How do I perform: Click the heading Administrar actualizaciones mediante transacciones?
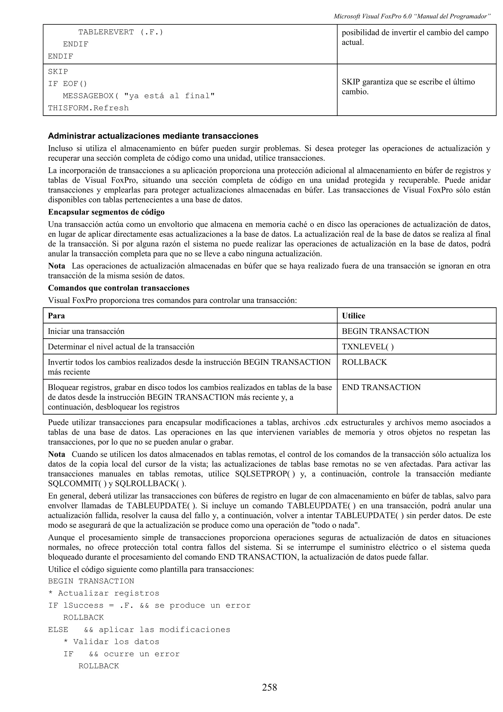[x=153, y=136]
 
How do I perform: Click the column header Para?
[x=56, y=316]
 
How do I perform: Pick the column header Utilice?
[x=353, y=316]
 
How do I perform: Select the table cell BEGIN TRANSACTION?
[x=385, y=331]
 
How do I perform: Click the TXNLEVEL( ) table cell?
[x=368, y=347]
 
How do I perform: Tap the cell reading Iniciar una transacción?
[x=86, y=331]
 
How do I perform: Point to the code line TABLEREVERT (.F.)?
[x=121, y=32]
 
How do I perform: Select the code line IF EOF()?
[x=68, y=84]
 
